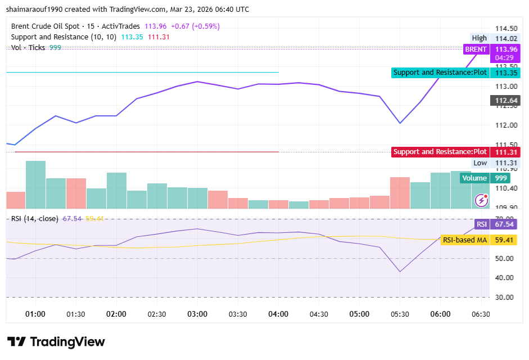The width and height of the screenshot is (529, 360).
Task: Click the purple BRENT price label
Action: coord(476,49)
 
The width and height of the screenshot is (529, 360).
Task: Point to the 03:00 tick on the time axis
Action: coord(197,314)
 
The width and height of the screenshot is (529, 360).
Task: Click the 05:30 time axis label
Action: coord(400,314)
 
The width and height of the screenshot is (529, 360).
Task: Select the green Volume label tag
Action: coord(474,178)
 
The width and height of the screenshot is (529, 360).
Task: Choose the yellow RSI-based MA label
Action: coord(464,240)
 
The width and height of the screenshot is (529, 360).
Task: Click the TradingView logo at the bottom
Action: coord(56,341)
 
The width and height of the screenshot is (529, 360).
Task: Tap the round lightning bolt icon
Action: coord(481,200)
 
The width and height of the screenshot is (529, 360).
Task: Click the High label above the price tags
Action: coord(480,38)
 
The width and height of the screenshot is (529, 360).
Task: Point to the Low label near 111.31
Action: coord(480,163)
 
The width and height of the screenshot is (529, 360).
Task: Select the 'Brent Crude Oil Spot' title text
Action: coord(45,26)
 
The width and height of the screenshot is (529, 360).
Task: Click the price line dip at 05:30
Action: coord(400,123)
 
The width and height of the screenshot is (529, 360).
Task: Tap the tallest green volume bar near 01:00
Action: coord(35,184)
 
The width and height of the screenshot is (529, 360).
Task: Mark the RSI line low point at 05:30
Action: coord(400,272)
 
